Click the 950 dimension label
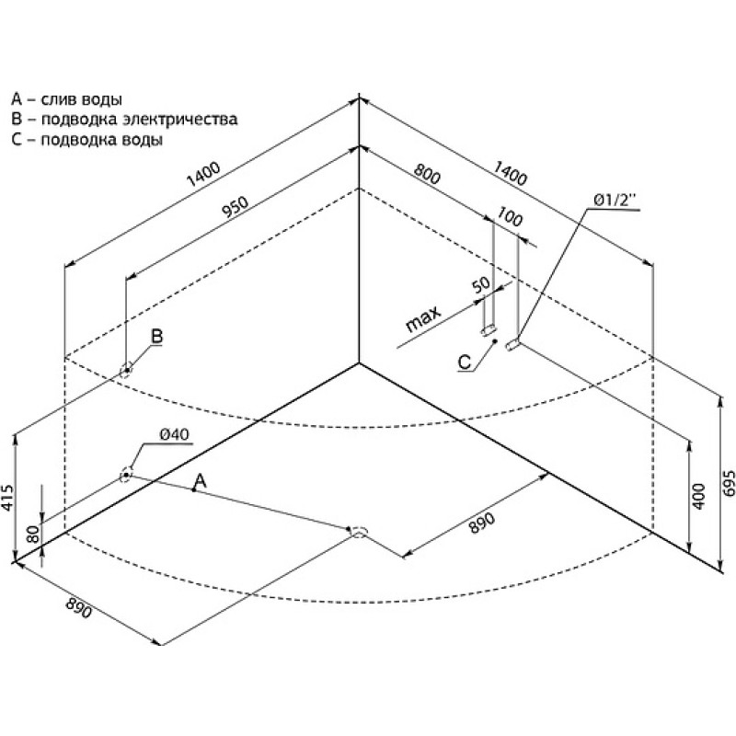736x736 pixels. (235, 207)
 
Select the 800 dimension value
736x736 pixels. (427, 174)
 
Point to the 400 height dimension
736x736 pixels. (698, 496)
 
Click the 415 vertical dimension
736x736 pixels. (7, 497)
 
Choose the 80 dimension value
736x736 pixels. (33, 535)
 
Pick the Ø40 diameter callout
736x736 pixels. (174, 434)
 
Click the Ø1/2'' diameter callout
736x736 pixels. (614, 201)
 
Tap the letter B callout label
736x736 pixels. (156, 336)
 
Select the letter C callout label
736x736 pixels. (465, 362)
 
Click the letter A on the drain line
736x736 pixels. (201, 480)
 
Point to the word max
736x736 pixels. (423, 318)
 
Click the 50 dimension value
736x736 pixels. (480, 284)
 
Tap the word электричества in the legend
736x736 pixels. (180, 119)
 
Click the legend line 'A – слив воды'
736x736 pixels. (66, 99)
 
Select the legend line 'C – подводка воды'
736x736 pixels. (87, 140)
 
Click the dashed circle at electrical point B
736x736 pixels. (126, 371)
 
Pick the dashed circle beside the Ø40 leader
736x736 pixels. (126, 475)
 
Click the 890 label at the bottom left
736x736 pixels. (78, 607)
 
